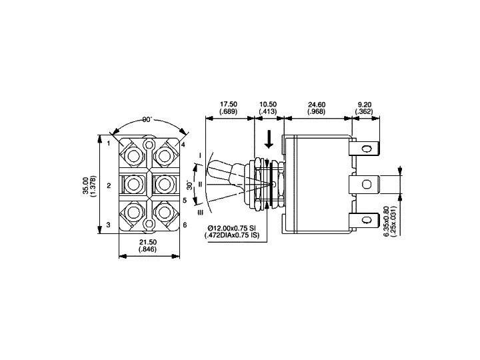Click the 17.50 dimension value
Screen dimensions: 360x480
[x=228, y=105]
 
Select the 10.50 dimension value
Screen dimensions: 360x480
[x=268, y=105]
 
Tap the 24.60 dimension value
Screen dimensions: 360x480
[x=317, y=105]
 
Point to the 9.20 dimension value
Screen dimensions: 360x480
[x=364, y=105]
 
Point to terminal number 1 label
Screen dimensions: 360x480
[x=108, y=143]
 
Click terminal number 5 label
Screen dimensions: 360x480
[x=184, y=199]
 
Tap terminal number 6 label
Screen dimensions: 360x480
[x=184, y=225]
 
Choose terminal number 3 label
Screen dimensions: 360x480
[x=108, y=225]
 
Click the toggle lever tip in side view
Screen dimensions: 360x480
[x=211, y=169]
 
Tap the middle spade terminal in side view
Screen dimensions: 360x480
[x=367, y=183]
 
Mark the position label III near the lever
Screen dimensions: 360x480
[x=199, y=213]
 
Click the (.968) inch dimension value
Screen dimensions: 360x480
[x=317, y=111]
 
